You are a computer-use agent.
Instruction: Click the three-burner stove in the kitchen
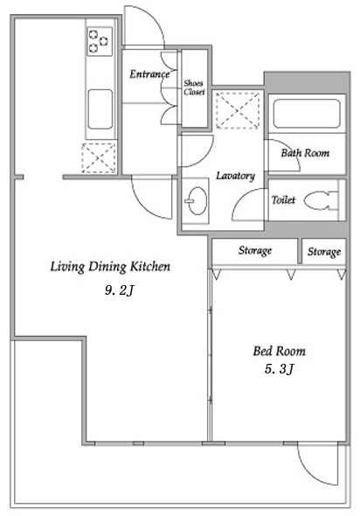(100, 41)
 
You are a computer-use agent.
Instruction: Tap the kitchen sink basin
(100, 109)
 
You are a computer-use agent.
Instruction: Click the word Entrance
(149, 74)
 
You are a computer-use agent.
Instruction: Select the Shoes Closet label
(194, 87)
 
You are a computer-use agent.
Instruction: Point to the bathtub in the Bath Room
(307, 114)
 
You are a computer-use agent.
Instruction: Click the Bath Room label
(305, 153)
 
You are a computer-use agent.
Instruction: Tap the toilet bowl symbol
(321, 200)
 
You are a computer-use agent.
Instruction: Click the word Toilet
(283, 199)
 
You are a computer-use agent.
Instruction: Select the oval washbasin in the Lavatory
(197, 201)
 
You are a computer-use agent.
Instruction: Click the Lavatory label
(235, 176)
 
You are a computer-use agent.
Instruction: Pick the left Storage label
(255, 251)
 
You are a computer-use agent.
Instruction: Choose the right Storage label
(324, 252)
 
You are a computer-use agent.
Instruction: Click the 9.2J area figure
(120, 290)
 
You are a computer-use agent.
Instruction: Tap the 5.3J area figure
(279, 369)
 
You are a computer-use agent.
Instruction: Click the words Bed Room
(279, 351)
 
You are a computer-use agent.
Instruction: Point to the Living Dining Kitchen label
(110, 267)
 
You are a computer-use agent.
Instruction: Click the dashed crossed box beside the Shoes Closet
(238, 110)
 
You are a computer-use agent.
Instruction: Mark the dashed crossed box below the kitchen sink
(99, 158)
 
